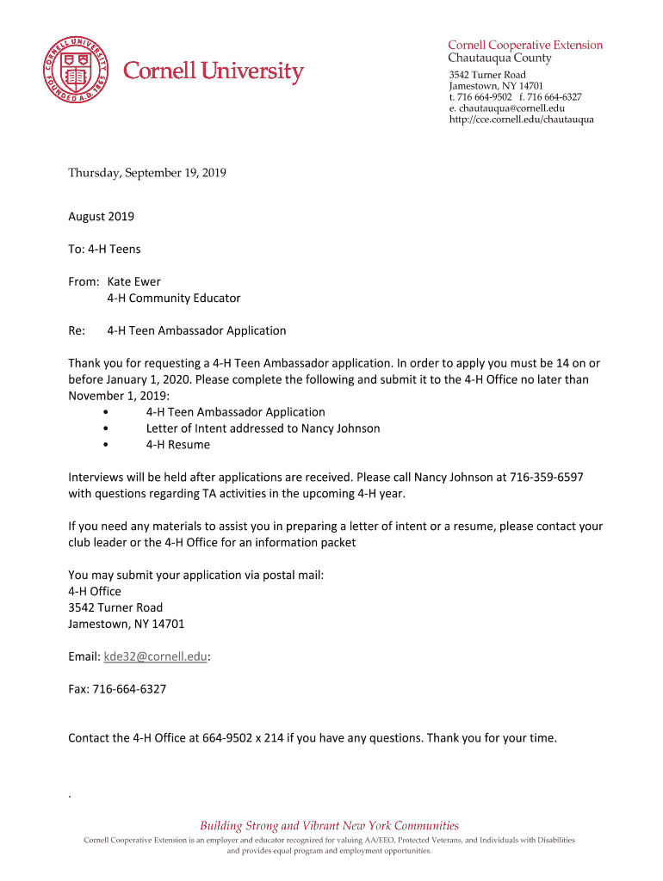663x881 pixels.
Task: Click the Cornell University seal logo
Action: point(77,71)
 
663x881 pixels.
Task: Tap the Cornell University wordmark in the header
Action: point(214,72)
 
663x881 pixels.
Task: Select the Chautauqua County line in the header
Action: point(499,59)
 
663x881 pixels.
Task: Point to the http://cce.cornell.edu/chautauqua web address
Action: point(521,120)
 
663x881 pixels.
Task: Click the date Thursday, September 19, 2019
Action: point(147,173)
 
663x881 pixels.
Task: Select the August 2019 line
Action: point(101,217)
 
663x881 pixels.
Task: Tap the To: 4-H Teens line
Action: point(104,250)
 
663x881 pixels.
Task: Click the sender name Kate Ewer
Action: point(133,281)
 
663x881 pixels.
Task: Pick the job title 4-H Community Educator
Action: point(173,298)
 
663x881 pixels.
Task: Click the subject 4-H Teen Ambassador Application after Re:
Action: point(196,330)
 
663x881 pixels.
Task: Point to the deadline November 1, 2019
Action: point(118,396)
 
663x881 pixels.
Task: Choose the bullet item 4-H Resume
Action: point(177,445)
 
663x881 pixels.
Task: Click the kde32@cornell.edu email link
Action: point(155,656)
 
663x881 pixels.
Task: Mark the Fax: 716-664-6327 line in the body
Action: point(117,689)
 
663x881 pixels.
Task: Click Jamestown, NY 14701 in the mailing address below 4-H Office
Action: point(126,624)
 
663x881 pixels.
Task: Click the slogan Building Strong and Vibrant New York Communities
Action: point(330,825)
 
